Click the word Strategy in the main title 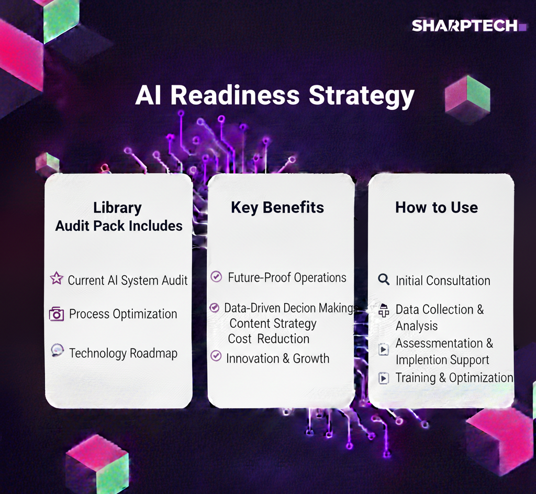tap(361, 96)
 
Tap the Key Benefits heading tap(277, 208)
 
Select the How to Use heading tap(437, 207)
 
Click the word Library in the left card tap(118, 208)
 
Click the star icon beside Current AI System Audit tap(57, 278)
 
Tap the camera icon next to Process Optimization tap(57, 313)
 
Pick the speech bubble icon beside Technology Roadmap tap(57, 350)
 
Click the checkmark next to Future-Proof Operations tap(216, 276)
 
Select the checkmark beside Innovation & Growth tap(216, 356)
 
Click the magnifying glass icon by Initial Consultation tap(384, 279)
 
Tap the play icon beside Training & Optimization tap(384, 378)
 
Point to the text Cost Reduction tap(269, 339)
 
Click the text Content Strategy tap(273, 323)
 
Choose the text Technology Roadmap tap(123, 353)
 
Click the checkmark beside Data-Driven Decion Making tap(214, 308)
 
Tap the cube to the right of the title tap(467, 99)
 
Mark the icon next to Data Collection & tap(384, 310)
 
